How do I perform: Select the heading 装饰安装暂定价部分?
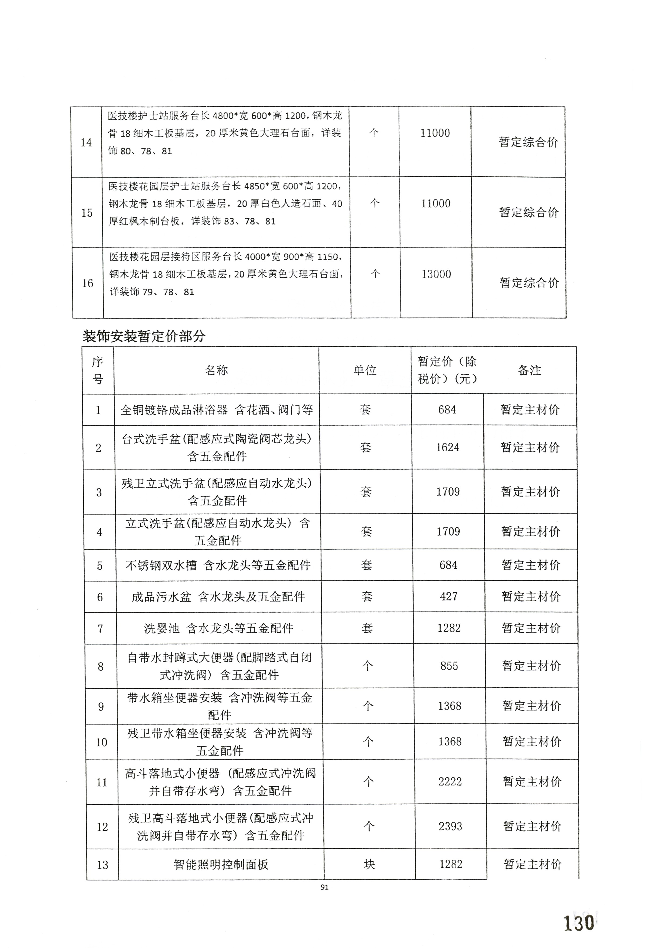pyautogui.click(x=144, y=336)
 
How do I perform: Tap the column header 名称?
pyautogui.click(x=216, y=370)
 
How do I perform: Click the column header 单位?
pyautogui.click(x=365, y=370)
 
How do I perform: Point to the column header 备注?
pyautogui.click(x=529, y=370)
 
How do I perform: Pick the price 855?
pyautogui.click(x=449, y=666)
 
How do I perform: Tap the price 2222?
pyautogui.click(x=450, y=782)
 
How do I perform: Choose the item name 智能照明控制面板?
pyautogui.click(x=221, y=864)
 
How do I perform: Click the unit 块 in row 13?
pyautogui.click(x=369, y=864)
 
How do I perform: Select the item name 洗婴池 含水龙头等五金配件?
pyautogui.click(x=218, y=628)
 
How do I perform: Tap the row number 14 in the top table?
pyautogui.click(x=86, y=142)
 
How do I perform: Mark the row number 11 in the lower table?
pyautogui.click(x=102, y=782)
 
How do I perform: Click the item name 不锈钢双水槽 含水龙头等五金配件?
pyautogui.click(x=218, y=565)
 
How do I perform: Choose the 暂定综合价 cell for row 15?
pyautogui.click(x=529, y=213)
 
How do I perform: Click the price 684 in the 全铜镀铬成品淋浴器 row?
pyautogui.click(x=447, y=410)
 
